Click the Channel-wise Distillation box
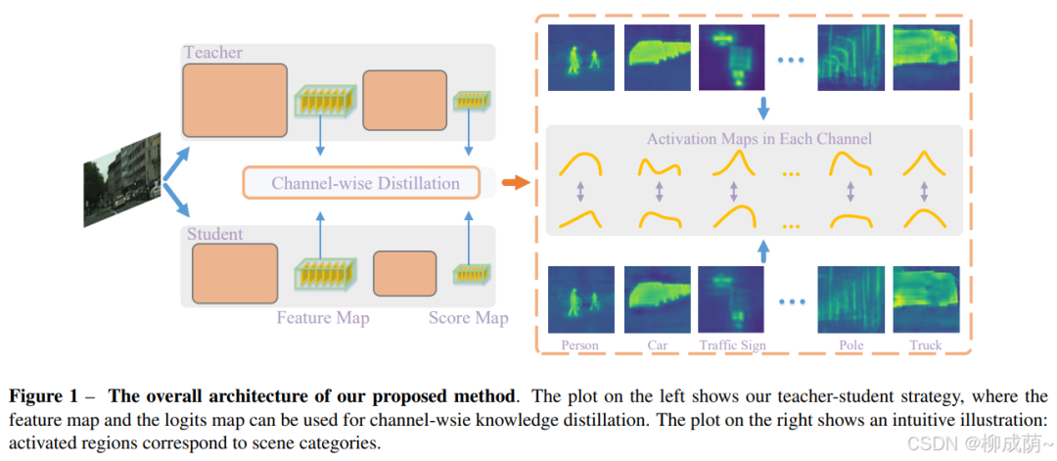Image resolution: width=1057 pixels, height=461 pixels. (364, 183)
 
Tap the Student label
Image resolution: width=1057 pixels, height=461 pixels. (214, 235)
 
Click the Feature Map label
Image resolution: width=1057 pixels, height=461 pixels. (323, 317)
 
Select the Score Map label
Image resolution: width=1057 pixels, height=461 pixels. (468, 317)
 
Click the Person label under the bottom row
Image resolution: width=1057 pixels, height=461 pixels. (579, 346)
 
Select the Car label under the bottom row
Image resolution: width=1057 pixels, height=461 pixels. (658, 346)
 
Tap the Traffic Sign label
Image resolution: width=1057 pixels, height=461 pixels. (733, 346)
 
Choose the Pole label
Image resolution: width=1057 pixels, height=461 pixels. (850, 346)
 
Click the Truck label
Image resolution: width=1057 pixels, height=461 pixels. (925, 346)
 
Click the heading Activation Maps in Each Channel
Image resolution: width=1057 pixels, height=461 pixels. (758, 138)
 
